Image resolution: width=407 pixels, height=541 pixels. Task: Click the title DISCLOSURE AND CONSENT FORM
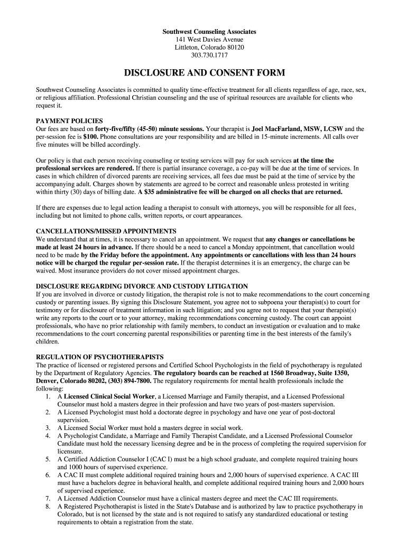point(204,73)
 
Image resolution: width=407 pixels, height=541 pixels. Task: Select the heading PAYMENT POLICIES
point(69,121)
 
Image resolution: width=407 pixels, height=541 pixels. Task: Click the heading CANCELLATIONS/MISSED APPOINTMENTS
point(106,231)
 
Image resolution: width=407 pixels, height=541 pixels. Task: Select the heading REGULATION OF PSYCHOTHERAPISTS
point(99,357)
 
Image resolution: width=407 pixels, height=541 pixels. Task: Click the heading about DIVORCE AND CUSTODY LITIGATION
point(142,286)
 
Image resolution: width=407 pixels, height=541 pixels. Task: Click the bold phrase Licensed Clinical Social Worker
point(109,396)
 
